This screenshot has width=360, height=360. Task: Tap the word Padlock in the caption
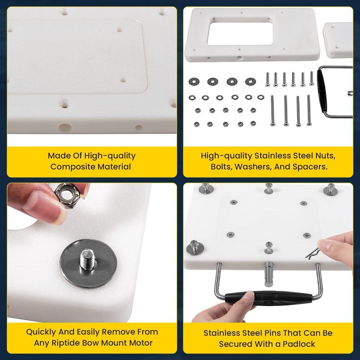point(299,344)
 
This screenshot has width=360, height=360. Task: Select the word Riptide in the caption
point(66,343)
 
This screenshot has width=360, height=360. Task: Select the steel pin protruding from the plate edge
point(268,274)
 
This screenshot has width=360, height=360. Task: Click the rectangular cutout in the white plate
point(240,34)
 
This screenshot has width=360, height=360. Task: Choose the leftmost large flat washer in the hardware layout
point(194,81)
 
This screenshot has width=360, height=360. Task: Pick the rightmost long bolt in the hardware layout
point(309,110)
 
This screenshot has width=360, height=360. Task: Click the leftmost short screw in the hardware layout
point(267,79)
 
